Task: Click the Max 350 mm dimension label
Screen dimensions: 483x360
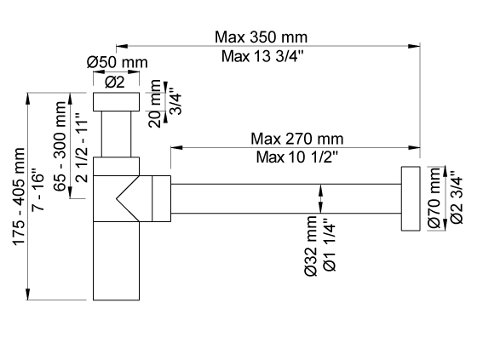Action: point(261,37)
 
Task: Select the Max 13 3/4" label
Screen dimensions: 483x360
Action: point(262,56)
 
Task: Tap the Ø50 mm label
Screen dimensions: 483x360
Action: point(117,62)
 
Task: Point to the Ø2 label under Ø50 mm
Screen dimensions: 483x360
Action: point(115,82)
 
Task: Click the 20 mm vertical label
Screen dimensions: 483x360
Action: point(155,104)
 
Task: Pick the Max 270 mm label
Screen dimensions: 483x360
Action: point(297,139)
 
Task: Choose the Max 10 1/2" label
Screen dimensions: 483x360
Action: point(297,157)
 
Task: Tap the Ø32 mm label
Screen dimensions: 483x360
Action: point(310,246)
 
